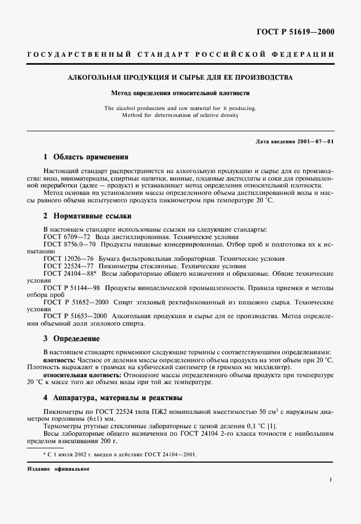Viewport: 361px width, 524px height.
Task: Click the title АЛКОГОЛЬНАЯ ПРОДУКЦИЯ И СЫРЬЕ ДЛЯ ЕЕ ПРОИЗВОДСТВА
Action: click(x=180, y=77)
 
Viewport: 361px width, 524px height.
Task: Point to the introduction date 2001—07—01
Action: click(x=316, y=140)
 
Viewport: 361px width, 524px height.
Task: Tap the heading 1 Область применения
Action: click(x=86, y=157)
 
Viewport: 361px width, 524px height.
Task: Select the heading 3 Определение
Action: click(x=72, y=339)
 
